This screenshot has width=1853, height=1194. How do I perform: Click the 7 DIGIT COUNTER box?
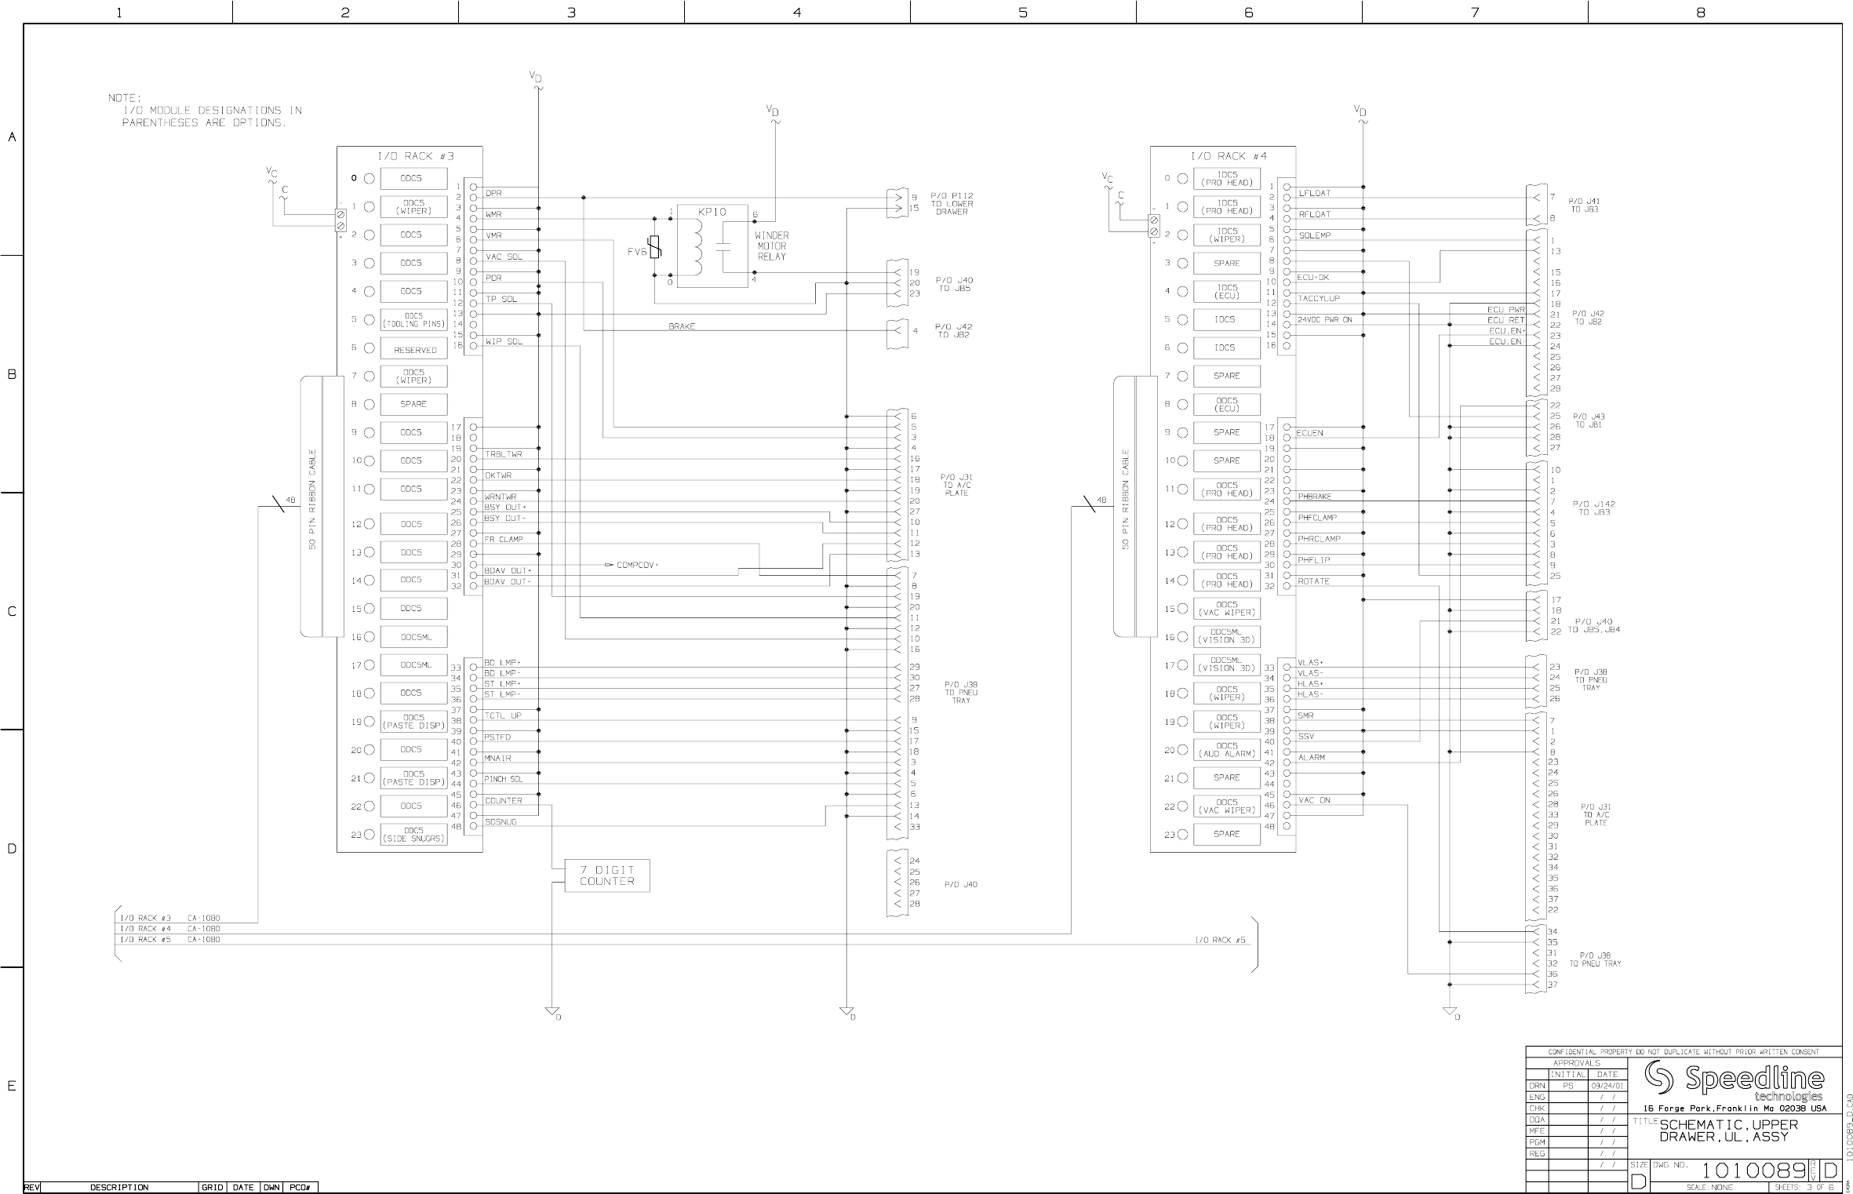point(606,875)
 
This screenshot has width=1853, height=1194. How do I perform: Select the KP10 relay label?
point(712,212)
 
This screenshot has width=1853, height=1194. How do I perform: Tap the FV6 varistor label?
point(636,252)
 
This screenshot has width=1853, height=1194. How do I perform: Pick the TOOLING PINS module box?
point(413,320)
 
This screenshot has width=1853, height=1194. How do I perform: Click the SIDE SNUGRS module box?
point(413,834)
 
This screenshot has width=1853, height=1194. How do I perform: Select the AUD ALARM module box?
point(1226,749)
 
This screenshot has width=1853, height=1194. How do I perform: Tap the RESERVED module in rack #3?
point(413,349)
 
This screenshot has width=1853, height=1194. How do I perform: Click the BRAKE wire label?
point(682,326)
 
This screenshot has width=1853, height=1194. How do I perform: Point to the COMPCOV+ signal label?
point(636,565)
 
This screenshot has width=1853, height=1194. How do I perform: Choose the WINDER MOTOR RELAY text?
point(771,246)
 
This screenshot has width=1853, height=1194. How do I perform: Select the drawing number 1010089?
point(1753,1170)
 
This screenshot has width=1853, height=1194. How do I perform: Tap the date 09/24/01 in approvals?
point(1607,1086)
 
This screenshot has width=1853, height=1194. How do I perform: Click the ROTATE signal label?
point(1313,581)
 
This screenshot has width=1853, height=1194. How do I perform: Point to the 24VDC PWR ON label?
point(1324,319)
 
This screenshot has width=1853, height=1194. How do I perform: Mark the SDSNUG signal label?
point(501,822)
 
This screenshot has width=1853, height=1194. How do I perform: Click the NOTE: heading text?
point(124,98)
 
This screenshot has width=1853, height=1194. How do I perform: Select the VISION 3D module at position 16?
point(1226,636)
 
